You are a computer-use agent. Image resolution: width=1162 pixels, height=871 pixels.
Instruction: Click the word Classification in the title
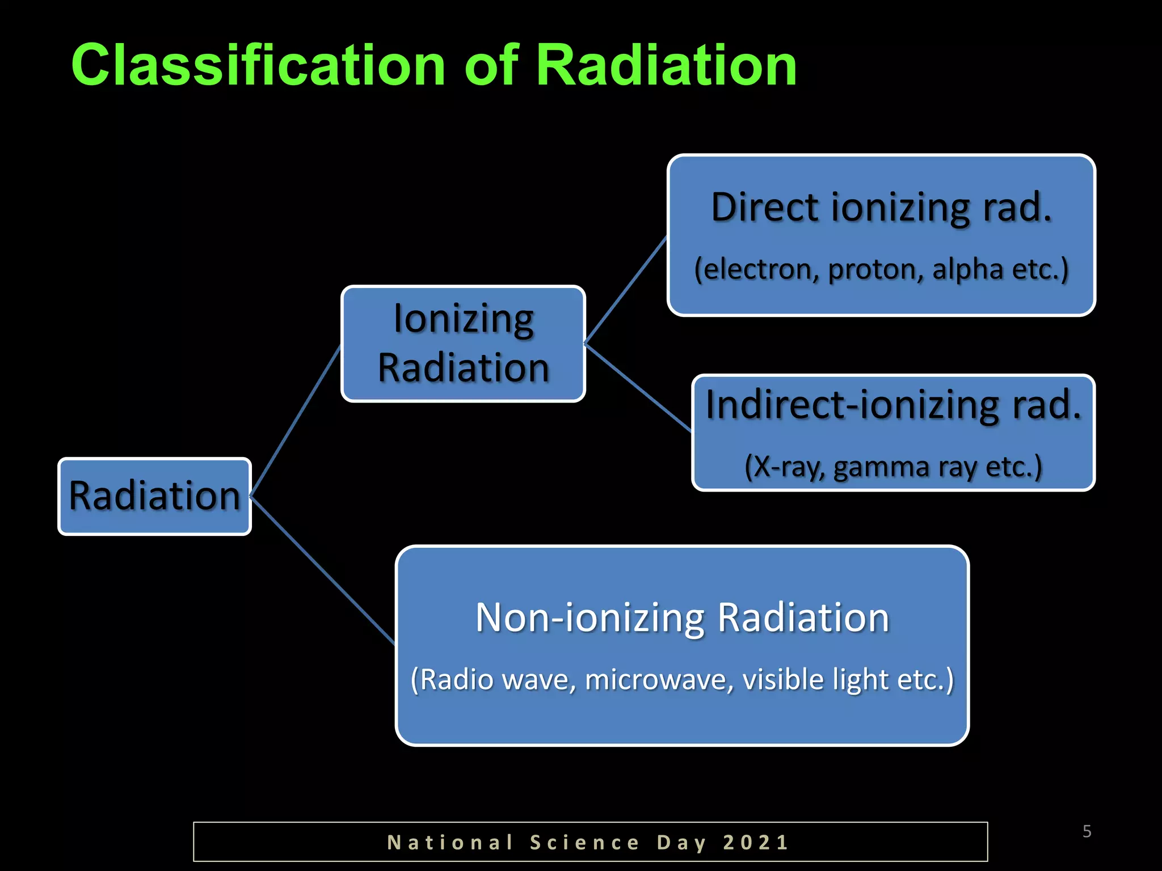(x=258, y=66)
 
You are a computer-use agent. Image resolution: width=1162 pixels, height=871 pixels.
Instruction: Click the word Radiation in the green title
(x=666, y=66)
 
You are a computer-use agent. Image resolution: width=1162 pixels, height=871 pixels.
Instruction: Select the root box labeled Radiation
(x=154, y=496)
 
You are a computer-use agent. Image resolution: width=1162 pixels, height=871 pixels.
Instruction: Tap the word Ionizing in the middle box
(x=464, y=319)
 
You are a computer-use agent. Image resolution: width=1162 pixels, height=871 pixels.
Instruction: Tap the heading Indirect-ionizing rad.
(x=893, y=405)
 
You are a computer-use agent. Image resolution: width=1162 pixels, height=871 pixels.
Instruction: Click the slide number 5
(x=1087, y=831)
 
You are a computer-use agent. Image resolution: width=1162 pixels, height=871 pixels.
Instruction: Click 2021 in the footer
(x=756, y=842)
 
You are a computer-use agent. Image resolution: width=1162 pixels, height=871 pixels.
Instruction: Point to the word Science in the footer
(x=584, y=842)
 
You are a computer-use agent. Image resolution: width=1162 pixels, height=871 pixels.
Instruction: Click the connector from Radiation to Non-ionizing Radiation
(x=322, y=570)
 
